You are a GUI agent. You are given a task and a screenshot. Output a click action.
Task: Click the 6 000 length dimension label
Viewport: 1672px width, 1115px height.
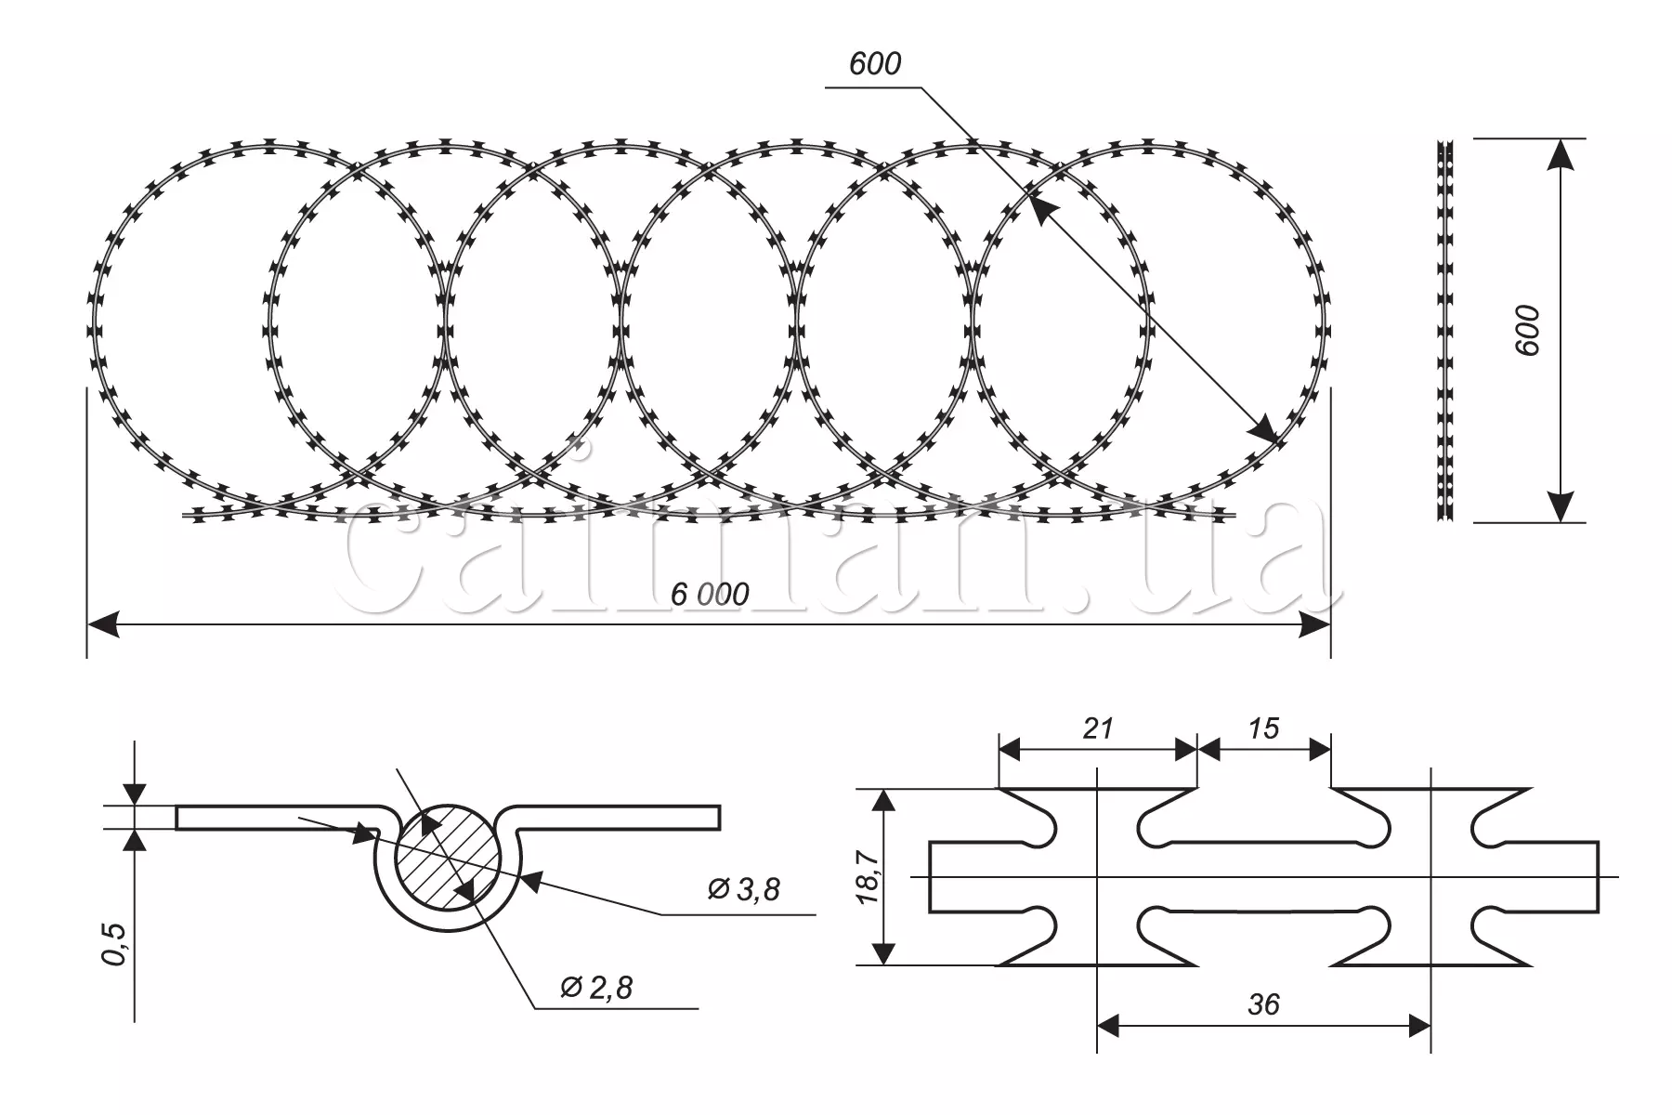point(710,594)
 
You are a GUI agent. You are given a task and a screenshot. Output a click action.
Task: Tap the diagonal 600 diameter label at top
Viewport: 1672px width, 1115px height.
point(875,64)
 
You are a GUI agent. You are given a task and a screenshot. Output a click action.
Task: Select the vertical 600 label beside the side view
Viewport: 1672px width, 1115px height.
point(1527,330)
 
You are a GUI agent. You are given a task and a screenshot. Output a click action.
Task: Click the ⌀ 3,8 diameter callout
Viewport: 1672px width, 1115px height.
point(744,889)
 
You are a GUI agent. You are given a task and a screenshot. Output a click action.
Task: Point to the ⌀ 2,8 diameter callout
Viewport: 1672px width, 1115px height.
point(597,987)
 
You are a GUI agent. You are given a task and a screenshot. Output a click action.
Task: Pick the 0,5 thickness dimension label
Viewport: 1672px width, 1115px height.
point(115,944)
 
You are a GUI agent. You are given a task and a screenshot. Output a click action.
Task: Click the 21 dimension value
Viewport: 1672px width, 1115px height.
point(1098,728)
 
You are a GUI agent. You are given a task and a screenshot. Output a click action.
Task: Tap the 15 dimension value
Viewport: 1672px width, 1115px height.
point(1263,728)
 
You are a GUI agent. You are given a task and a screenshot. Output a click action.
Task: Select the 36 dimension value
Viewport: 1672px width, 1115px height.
point(1264,1004)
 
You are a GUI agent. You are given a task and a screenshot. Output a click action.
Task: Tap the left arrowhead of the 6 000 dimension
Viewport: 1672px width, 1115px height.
point(103,625)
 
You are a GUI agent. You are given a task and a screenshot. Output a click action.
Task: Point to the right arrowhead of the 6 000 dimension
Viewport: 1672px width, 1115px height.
point(1314,625)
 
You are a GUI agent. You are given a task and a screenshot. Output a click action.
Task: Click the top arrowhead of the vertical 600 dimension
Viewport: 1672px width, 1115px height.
point(1560,154)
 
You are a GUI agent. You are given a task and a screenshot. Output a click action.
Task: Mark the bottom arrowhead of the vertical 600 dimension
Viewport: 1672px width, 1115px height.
point(1560,506)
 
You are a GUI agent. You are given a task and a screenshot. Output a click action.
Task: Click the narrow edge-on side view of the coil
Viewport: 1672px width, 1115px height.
point(1444,331)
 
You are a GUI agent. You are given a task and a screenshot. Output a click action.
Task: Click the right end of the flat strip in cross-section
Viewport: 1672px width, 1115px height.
point(720,817)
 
